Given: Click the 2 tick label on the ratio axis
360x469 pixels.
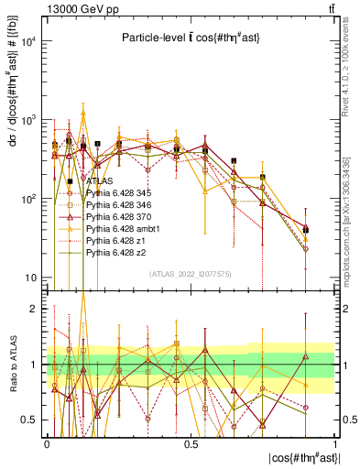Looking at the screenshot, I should (33, 310).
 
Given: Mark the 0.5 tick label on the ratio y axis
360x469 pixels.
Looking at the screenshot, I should (29, 420).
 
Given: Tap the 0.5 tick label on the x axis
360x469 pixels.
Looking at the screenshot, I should (191, 443).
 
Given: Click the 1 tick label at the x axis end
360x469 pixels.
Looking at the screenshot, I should (335, 443).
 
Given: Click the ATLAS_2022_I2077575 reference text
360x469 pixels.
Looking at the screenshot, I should (191, 273).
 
